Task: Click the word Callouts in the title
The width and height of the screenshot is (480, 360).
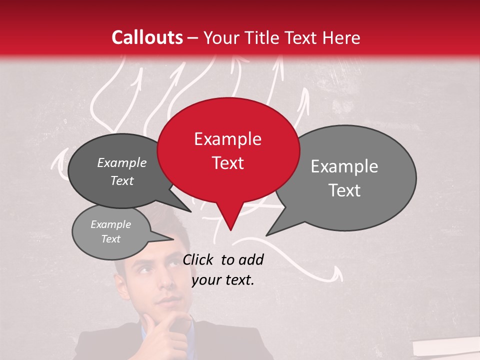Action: (x=147, y=37)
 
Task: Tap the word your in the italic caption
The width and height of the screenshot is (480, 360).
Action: (x=206, y=280)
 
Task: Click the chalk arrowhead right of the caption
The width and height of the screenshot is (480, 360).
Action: (x=338, y=272)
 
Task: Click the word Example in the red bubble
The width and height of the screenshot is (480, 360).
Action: (x=227, y=139)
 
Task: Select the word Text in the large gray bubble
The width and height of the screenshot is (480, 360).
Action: (x=344, y=190)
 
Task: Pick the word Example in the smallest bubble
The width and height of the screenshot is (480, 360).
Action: (x=110, y=224)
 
